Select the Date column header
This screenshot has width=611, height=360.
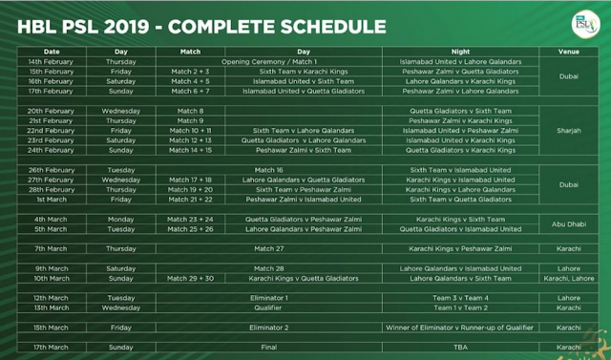pyautogui.click(x=52, y=51)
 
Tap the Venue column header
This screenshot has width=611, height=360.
pyautogui.click(x=569, y=51)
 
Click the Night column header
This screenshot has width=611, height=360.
pyautogui.click(x=463, y=51)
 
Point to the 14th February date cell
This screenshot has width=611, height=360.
pyautogui.click(x=52, y=61)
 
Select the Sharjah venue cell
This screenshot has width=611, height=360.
pyautogui.click(x=569, y=131)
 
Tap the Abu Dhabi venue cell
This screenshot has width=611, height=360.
pyautogui.click(x=569, y=224)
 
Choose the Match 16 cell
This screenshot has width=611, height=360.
pyautogui.click(x=268, y=169)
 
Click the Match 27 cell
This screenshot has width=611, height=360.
pyautogui.click(x=268, y=248)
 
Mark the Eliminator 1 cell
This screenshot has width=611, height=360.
pyautogui.click(x=268, y=299)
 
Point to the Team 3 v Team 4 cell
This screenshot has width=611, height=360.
pyautogui.click(x=463, y=299)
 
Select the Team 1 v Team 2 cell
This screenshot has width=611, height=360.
pyautogui.click(x=463, y=308)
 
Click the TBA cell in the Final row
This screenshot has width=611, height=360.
pyautogui.click(x=463, y=348)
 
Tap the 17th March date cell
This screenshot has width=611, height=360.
pyautogui.click(x=52, y=348)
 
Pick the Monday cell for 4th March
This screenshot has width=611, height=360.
pyautogui.click(x=120, y=220)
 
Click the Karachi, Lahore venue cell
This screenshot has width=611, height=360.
pyautogui.click(x=569, y=279)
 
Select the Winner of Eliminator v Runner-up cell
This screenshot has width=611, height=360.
pyautogui.click(x=463, y=328)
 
